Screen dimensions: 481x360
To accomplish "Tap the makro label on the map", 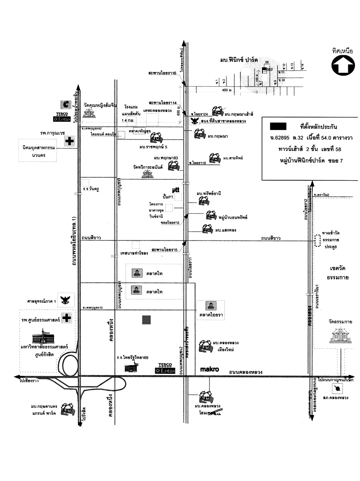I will [208, 369].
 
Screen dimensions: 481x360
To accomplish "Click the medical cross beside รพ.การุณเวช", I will [69, 141].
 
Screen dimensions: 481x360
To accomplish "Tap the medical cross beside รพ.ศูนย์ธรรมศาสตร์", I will [66, 318].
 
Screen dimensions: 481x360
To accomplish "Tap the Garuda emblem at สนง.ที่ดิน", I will [194, 121].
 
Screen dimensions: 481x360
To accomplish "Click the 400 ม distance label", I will [226, 90].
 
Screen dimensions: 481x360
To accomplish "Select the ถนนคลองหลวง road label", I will [246, 372].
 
